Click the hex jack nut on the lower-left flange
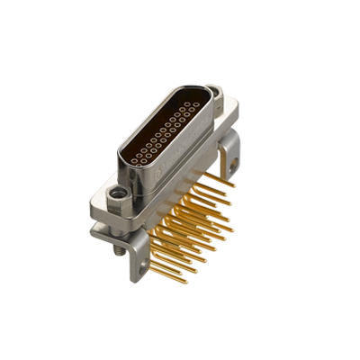[x=116, y=193]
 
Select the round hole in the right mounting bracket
[x=233, y=165]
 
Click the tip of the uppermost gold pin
[x=233, y=183]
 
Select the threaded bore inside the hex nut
[x=116, y=192]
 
